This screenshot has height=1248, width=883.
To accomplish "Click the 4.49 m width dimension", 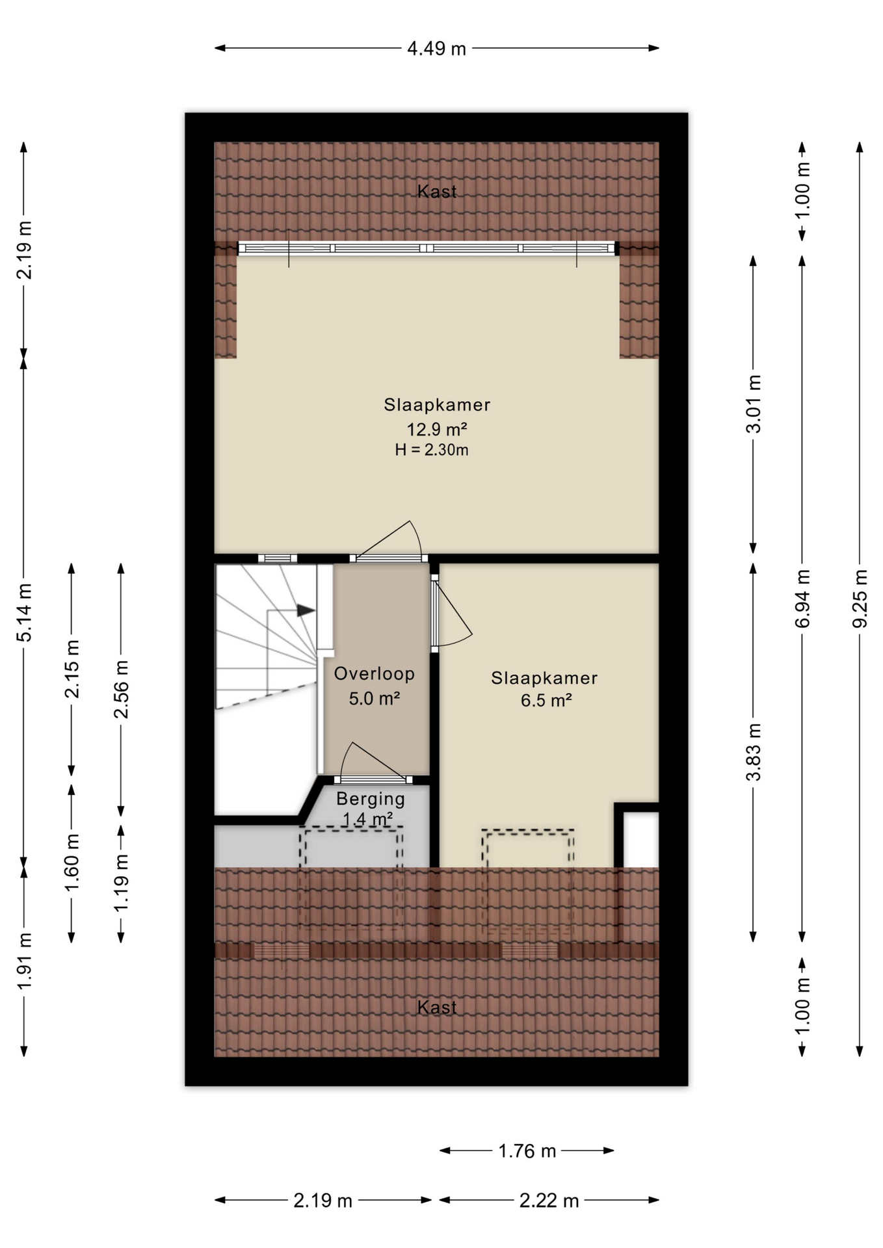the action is coord(436,49).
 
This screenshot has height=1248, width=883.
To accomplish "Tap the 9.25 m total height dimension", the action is coord(860,598).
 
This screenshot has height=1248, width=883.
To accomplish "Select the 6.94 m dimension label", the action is coord(802,598).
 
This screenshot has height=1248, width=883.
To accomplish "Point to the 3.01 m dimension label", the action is coord(754,404).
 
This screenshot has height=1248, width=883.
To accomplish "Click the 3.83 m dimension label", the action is coord(754,752).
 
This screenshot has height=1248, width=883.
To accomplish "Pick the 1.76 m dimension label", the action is coord(527,1151).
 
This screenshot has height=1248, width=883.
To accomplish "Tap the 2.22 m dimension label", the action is coord(549,1201).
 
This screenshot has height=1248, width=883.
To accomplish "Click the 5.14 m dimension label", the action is coord(24,612).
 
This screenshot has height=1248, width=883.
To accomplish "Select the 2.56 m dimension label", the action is coord(121,689).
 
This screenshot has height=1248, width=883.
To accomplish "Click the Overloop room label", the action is coord(374,673).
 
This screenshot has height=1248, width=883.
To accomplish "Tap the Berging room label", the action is coord(371,798).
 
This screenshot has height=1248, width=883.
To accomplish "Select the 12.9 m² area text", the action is coord(437,429).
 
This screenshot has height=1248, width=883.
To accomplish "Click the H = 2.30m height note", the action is coord(432,450).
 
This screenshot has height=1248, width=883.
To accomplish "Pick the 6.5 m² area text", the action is coord(546,700).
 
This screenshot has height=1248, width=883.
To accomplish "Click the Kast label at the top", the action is coord(437,192).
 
